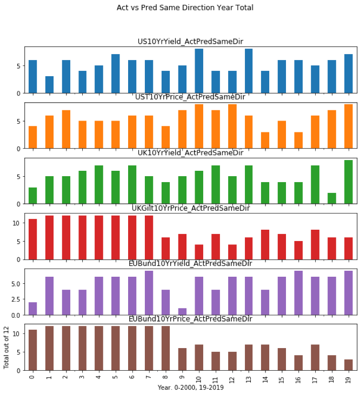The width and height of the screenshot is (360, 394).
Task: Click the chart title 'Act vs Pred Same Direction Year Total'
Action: (x=185, y=8)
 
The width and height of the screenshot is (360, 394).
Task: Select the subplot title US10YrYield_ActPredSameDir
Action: (x=190, y=42)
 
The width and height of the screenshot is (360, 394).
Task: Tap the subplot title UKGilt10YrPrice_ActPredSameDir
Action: (x=190, y=208)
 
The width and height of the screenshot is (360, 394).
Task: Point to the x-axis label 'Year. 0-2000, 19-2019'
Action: (x=190, y=388)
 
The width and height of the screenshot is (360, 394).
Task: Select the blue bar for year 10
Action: (x=199, y=71)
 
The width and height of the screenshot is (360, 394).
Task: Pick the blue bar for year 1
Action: (x=49, y=85)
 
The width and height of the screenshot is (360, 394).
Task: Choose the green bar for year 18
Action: (x=331, y=198)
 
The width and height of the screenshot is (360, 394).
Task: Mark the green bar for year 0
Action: (x=32, y=196)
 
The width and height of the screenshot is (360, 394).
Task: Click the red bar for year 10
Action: (x=199, y=252)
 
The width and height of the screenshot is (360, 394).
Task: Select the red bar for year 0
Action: (x=32, y=239)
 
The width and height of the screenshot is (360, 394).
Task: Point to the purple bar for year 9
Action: (x=182, y=312)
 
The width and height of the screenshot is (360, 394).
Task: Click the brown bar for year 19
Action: (x=348, y=365)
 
